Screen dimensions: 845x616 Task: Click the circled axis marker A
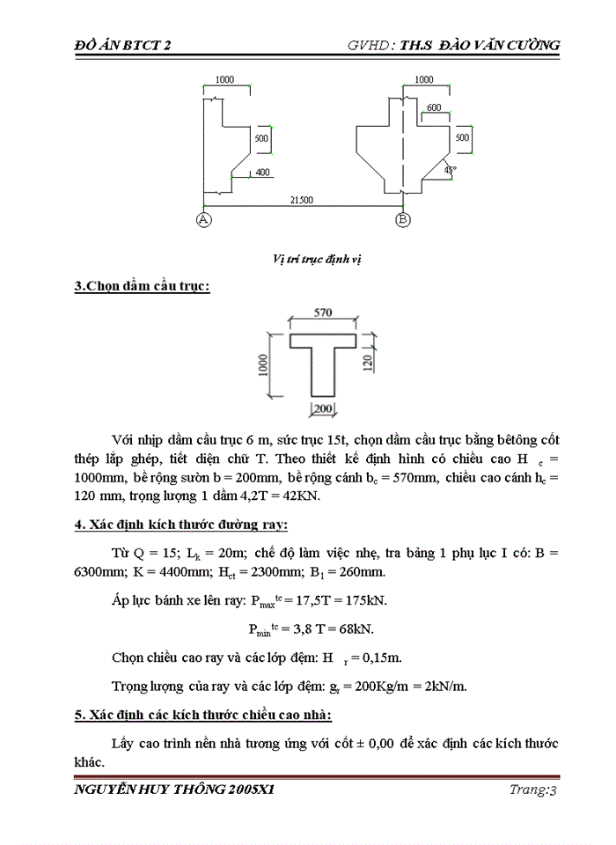coord(204,219)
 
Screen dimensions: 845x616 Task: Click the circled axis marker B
coord(403,219)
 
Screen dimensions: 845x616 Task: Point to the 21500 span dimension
coord(302,201)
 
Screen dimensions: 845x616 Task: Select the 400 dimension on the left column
coord(263,172)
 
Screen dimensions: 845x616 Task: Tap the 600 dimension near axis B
coord(434,107)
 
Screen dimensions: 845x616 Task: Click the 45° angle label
coord(451,170)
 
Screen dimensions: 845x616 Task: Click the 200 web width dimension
coord(323,408)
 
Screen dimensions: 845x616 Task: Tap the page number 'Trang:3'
coord(533,790)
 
